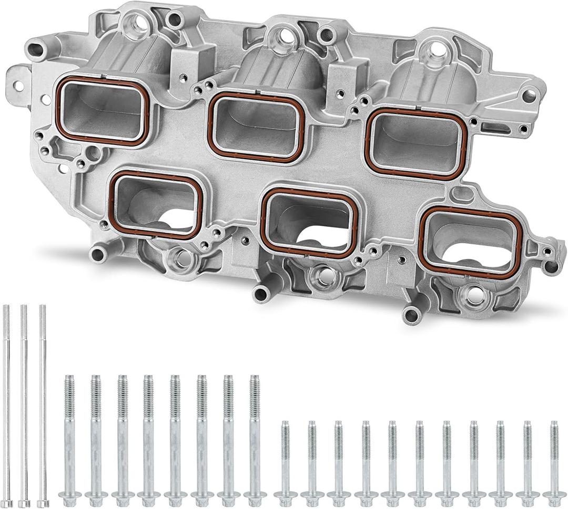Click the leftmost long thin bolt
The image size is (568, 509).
(6, 404)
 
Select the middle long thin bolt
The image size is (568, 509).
(24, 404)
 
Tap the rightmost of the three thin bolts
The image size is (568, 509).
(43, 404)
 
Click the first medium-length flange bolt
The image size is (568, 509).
(69, 436)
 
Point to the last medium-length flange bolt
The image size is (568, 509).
(255, 436)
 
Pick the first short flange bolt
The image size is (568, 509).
(285, 460)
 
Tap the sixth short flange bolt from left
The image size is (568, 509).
(420, 460)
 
